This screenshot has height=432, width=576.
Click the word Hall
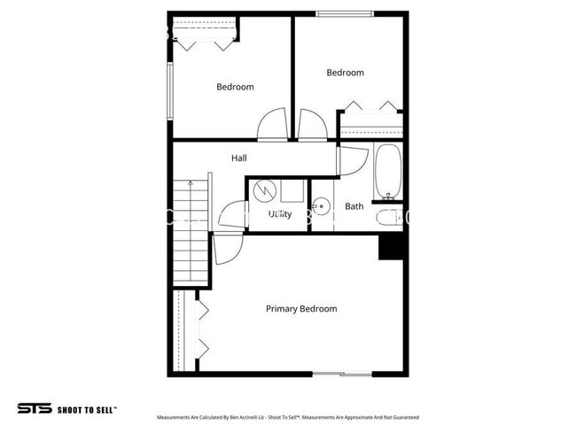[x=239, y=158]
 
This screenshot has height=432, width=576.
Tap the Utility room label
[x=280, y=214]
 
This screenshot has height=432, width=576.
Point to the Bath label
[x=354, y=206]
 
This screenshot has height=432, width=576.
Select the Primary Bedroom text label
[x=301, y=309]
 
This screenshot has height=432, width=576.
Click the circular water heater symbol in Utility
[x=264, y=189]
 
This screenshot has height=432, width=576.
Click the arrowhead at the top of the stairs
[x=190, y=181]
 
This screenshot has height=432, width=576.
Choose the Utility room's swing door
[x=231, y=215]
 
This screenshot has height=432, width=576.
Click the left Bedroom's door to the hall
[x=272, y=125]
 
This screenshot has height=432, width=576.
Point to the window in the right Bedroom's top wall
[x=346, y=13]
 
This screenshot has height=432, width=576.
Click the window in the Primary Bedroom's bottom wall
[x=342, y=374]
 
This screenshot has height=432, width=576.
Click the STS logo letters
[x=33, y=409]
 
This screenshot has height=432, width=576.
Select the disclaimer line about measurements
[x=287, y=417]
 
